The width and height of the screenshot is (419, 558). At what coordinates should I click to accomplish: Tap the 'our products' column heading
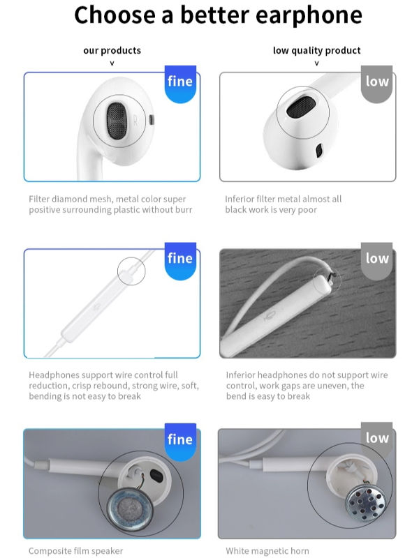(x=112, y=50)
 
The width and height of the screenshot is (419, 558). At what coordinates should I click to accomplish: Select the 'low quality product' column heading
(x=316, y=50)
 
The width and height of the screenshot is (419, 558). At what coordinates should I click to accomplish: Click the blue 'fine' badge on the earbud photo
(x=180, y=82)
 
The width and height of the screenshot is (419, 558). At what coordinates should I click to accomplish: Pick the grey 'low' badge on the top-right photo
(x=377, y=82)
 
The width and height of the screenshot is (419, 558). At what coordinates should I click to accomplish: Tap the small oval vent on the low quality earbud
(x=319, y=150)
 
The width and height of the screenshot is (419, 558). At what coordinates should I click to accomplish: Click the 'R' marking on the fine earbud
(x=134, y=119)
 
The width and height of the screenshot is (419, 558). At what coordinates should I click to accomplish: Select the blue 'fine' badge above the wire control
(x=180, y=259)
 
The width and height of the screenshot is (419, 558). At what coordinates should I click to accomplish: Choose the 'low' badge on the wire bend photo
(x=377, y=259)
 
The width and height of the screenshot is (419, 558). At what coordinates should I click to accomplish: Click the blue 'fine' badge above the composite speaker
(x=180, y=439)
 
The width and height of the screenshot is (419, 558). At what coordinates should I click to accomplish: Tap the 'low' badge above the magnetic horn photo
(x=377, y=438)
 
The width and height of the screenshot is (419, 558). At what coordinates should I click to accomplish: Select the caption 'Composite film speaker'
(x=75, y=551)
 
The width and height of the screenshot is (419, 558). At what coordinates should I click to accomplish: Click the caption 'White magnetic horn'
(x=267, y=551)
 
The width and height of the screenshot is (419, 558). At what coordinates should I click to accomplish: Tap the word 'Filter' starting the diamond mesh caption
(x=39, y=199)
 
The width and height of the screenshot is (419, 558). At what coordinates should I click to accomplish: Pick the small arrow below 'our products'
(x=112, y=63)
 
